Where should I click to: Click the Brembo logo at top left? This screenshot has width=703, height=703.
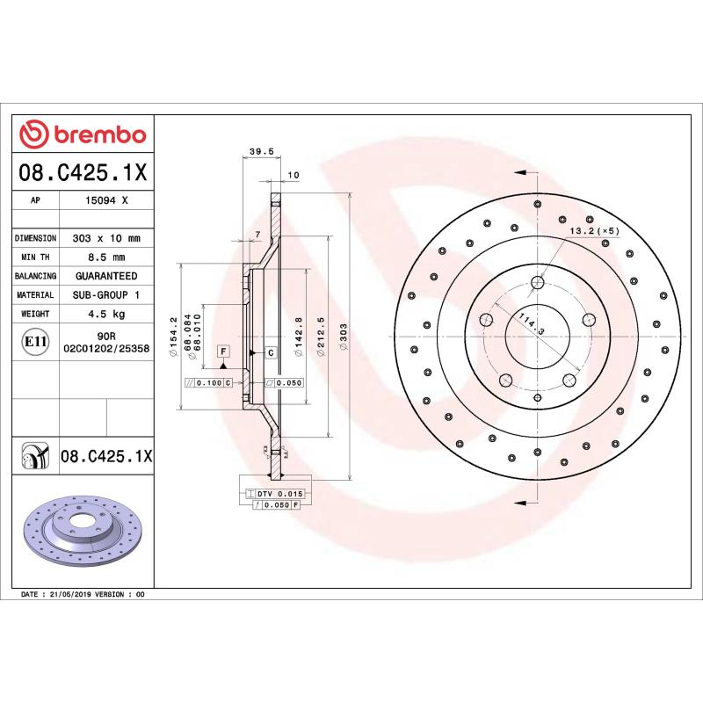point(83,134)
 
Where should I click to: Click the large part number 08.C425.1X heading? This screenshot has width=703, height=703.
point(83,173)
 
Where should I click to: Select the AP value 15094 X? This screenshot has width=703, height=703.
point(106,201)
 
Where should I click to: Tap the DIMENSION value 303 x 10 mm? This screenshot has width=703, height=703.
point(106,238)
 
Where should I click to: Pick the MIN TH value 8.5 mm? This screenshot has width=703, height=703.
point(106,257)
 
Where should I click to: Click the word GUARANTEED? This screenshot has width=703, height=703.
point(106,276)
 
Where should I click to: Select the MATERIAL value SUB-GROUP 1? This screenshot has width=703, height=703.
point(106,295)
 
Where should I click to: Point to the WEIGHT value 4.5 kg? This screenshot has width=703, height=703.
point(106,314)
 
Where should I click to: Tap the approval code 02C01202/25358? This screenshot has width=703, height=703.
point(106,349)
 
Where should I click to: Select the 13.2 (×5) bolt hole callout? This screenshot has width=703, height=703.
point(595,231)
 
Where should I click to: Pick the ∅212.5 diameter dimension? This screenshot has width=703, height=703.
point(321,334)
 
